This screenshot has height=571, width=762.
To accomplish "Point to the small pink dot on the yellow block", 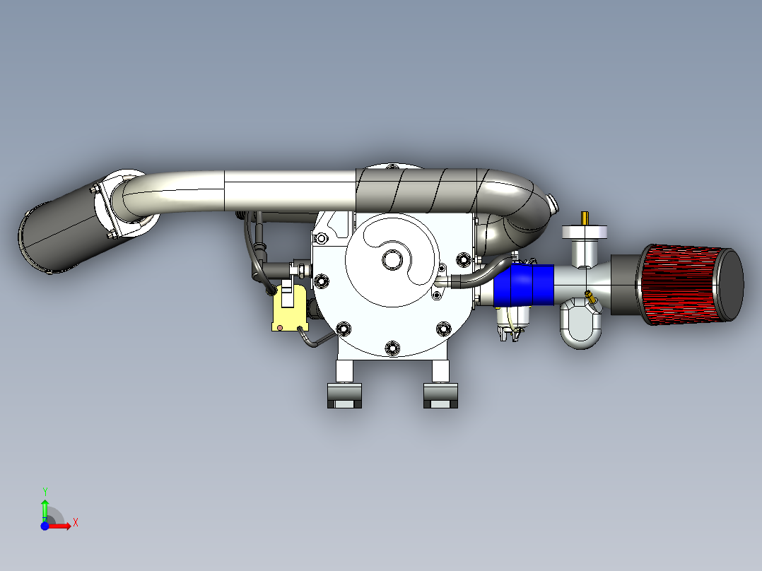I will coord(281,327).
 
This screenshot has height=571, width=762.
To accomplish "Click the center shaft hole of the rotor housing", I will coord(390,259).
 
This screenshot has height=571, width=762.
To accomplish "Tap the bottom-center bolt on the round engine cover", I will coord(392,347).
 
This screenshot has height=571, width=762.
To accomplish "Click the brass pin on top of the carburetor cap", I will coord(585,218).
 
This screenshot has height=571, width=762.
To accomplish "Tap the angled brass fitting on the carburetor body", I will coord(590,298).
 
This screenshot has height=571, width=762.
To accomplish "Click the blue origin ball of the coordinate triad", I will coord(45,526).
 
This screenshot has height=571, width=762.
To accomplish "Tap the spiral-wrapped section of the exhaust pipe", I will coord(424,189).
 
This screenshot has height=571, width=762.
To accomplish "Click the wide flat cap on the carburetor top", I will coord(585,232).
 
